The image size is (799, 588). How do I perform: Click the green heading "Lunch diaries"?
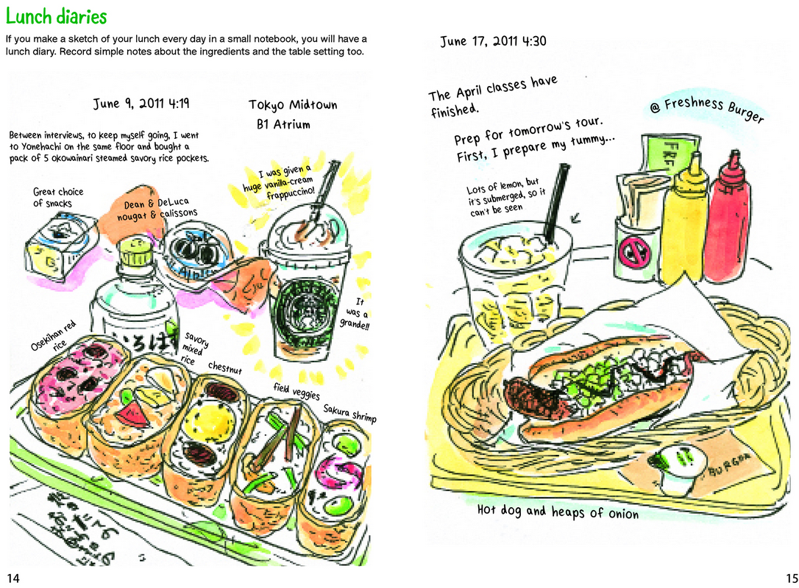pos(56,17)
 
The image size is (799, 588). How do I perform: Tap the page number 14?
pos(14,578)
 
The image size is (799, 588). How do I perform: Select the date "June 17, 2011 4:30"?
pos(493,41)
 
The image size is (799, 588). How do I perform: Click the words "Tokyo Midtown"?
pos(293,105)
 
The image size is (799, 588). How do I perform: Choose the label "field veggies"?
pos(296,391)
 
